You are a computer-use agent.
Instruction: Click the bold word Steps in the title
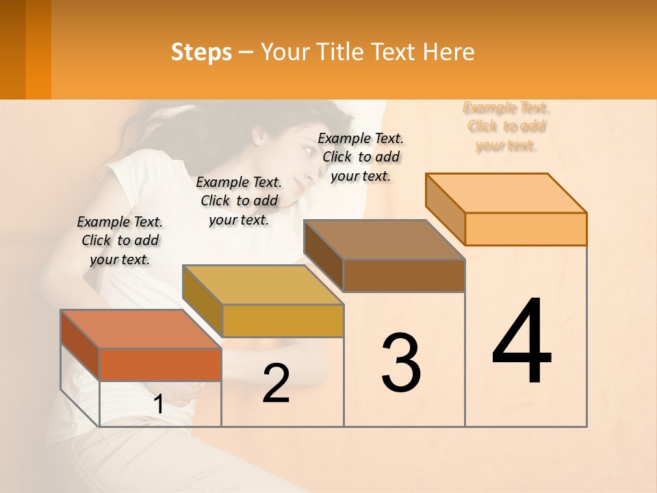201,52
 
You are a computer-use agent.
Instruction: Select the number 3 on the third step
400,363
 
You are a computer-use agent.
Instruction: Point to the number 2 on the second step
276,383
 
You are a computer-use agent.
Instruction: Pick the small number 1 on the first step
158,405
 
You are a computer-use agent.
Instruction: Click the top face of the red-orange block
141,329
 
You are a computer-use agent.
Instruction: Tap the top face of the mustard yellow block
263,285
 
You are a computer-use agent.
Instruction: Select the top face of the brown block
384,240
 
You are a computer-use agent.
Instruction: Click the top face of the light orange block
506,193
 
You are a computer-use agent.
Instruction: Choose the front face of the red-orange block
160,364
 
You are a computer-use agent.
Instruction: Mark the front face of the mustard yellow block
283,320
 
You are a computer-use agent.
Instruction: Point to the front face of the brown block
404,275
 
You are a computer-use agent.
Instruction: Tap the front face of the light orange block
526,229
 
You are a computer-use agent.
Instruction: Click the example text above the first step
120,240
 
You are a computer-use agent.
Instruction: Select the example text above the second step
239,201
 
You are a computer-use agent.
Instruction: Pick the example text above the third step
361,157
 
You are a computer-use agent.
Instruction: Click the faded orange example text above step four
506,126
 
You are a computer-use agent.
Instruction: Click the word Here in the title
449,52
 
